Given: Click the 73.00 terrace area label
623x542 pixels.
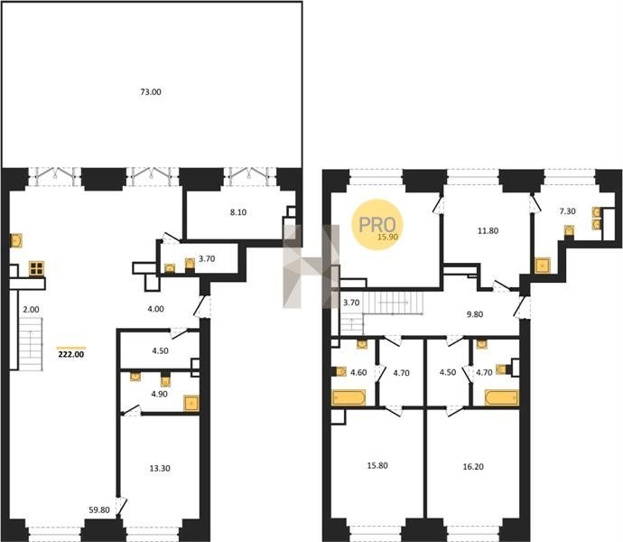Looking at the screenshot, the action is (x=151, y=92).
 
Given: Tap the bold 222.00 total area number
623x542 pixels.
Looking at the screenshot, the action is (x=71, y=354).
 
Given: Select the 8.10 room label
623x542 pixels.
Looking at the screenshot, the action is (x=238, y=212).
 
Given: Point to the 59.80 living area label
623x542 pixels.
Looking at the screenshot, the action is (x=99, y=509).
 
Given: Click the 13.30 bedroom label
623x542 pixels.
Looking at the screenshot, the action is (x=160, y=469).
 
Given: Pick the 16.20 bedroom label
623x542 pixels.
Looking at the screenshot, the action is (x=473, y=466).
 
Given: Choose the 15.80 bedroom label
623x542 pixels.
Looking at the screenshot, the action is (x=377, y=465).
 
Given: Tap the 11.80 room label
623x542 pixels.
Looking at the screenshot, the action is (x=488, y=230).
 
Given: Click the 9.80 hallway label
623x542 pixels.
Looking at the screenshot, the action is (x=474, y=314).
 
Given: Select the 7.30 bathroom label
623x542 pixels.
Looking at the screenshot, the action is (x=567, y=211).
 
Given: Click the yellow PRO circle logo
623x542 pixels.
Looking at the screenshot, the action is (x=377, y=225).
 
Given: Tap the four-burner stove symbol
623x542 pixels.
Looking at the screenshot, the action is (x=36, y=268).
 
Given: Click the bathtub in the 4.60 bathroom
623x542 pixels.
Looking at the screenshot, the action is (x=349, y=397).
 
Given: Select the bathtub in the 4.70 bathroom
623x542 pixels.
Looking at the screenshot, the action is (x=502, y=397).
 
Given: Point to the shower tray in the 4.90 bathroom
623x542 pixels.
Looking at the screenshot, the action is (x=191, y=403).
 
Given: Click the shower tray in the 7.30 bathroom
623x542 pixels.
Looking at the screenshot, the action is (x=543, y=266).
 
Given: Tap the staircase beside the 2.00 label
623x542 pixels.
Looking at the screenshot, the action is (x=31, y=344).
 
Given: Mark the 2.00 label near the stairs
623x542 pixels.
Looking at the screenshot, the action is (x=31, y=309).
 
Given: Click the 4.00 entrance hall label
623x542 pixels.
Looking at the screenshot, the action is (x=155, y=309).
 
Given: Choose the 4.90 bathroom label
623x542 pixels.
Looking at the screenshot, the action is (x=159, y=394).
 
